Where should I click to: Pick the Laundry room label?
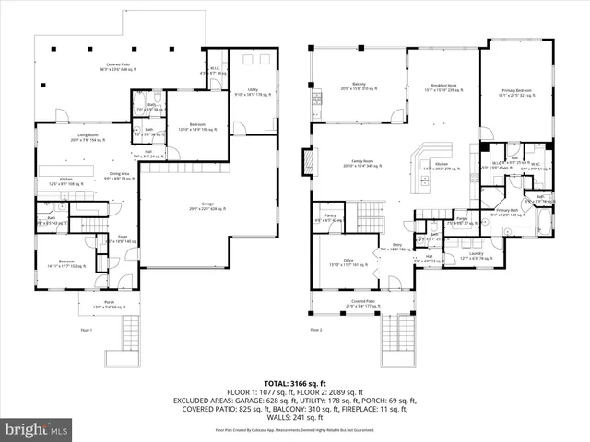tap(476, 257)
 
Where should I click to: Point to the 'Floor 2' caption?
tap(316, 329)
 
